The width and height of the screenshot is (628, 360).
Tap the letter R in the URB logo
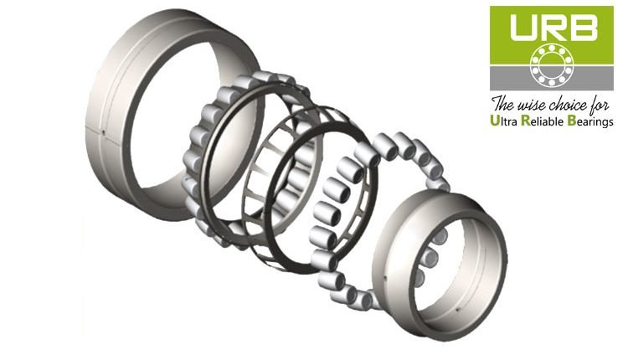[x=552, y=28]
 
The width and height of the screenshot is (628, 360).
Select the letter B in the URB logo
[x=583, y=28]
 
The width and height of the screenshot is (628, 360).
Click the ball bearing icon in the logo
[x=552, y=64]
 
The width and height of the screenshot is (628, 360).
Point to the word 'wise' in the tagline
[x=532, y=105]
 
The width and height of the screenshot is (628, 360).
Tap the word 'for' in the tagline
[x=600, y=105]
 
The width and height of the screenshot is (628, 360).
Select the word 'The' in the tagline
[x=503, y=104]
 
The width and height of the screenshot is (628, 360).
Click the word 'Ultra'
[x=503, y=121]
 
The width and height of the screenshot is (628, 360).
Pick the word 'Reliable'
[x=543, y=121]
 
